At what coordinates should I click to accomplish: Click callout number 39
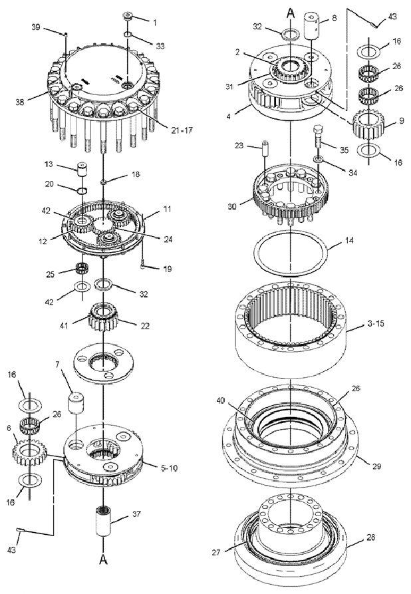point(35,27)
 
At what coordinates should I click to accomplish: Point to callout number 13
point(67,163)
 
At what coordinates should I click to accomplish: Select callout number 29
point(376,467)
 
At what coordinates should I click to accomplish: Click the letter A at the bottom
point(103,561)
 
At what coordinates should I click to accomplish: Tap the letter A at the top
point(290,13)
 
